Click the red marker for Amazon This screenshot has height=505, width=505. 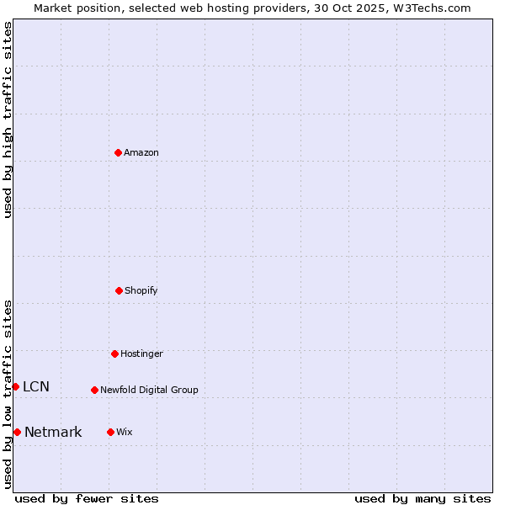coord(118,152)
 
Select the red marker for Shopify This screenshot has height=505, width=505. coord(119,290)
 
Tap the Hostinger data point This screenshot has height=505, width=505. coord(114,353)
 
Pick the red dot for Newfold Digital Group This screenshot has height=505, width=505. coord(94,390)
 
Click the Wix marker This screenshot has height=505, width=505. coord(110,432)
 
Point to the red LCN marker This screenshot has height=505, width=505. coord(15,386)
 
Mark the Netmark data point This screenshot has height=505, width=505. coord(17,432)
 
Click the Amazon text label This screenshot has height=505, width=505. coord(141,152)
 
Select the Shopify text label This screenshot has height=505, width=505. coord(141,290)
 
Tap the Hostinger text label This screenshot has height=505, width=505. coord(141,353)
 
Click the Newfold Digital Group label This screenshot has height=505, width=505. coord(149,390)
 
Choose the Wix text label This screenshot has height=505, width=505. coord(125,432)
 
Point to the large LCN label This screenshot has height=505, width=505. coord(36,386)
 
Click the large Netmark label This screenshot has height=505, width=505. coord(53,432)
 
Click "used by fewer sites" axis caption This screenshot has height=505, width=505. coord(87,498)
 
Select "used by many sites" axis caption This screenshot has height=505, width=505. coord(423,498)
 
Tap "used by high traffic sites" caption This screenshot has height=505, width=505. coord(8,120)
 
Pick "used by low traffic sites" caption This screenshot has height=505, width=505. coord(8,394)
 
